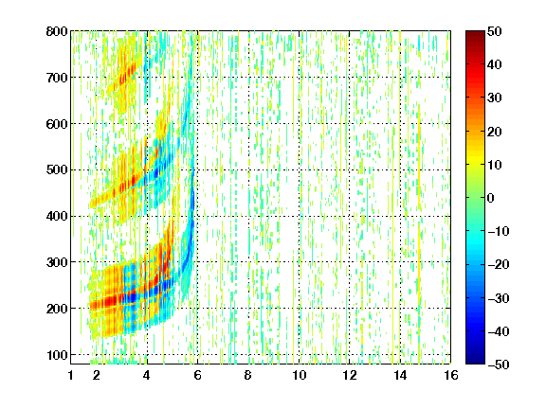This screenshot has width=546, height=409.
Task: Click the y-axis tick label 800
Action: [57, 31]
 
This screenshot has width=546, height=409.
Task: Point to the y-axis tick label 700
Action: [57, 78]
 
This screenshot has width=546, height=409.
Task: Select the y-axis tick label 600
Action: [57, 124]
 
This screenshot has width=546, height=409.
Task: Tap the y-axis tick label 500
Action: [57, 170]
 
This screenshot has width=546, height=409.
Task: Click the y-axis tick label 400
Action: [57, 216]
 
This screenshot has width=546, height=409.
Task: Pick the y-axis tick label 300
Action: [57, 262]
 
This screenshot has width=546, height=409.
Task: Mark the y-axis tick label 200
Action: [57, 309]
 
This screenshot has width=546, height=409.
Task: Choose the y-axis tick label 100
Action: [57, 355]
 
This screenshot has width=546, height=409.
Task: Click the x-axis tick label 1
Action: [71, 375]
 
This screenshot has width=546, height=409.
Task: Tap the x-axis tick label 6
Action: [197, 375]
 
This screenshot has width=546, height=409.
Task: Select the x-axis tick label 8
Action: [248, 375]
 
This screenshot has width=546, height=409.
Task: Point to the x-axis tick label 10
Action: [300, 375]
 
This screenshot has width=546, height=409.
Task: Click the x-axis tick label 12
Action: [350, 375]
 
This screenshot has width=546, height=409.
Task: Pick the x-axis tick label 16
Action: [451, 375]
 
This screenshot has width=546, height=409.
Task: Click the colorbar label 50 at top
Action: [494, 31]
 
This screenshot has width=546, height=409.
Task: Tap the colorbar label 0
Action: [491, 198]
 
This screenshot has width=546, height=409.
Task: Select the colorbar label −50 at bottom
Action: [499, 365]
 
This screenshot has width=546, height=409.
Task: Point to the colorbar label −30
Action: [499, 298]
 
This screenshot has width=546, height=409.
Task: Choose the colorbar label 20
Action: [494, 132]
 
